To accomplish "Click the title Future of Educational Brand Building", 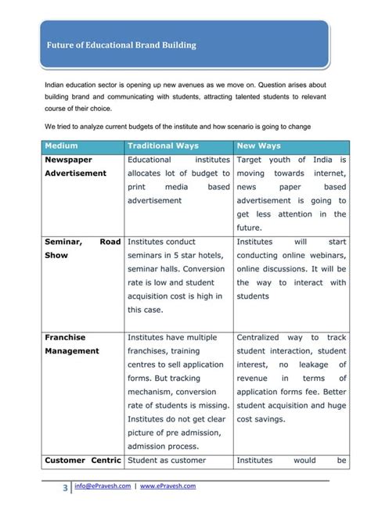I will (x=121, y=45).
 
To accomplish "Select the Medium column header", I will (x=62, y=145).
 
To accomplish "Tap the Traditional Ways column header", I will (x=163, y=145).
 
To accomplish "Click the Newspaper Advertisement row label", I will (x=75, y=166).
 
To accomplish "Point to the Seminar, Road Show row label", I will (x=82, y=248).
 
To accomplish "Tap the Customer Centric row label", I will (x=82, y=460).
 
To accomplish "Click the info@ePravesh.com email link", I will (x=101, y=486).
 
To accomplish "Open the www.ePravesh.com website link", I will (x=167, y=486).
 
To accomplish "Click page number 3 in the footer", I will (x=65, y=490).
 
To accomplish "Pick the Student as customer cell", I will (x=167, y=460).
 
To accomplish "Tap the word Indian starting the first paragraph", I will (x=56, y=84).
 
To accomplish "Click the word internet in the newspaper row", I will (x=326, y=173).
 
